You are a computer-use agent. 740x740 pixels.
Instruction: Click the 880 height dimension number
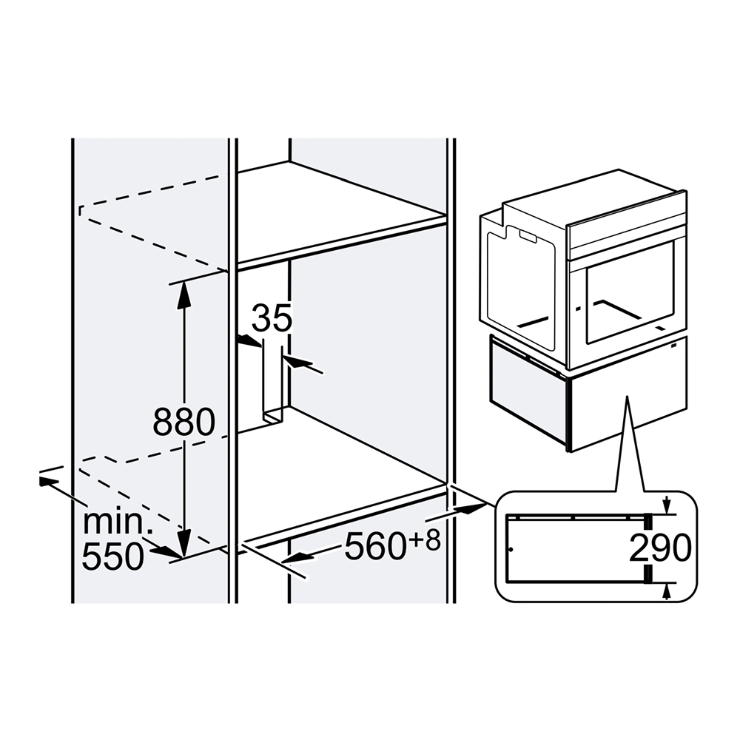tap(184, 423)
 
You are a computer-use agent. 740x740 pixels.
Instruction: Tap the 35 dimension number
tap(272, 317)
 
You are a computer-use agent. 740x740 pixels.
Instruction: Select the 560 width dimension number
tap(375, 547)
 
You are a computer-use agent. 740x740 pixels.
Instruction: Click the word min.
tap(115, 522)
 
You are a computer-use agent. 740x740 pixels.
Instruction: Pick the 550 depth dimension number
tap(112, 556)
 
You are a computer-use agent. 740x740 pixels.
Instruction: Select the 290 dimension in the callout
tap(660, 548)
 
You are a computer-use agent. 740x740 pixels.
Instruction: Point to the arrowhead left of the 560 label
tap(297, 558)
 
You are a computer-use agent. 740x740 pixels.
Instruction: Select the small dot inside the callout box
tap(511, 550)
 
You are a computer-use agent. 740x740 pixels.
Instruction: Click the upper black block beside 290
tap(649, 522)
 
